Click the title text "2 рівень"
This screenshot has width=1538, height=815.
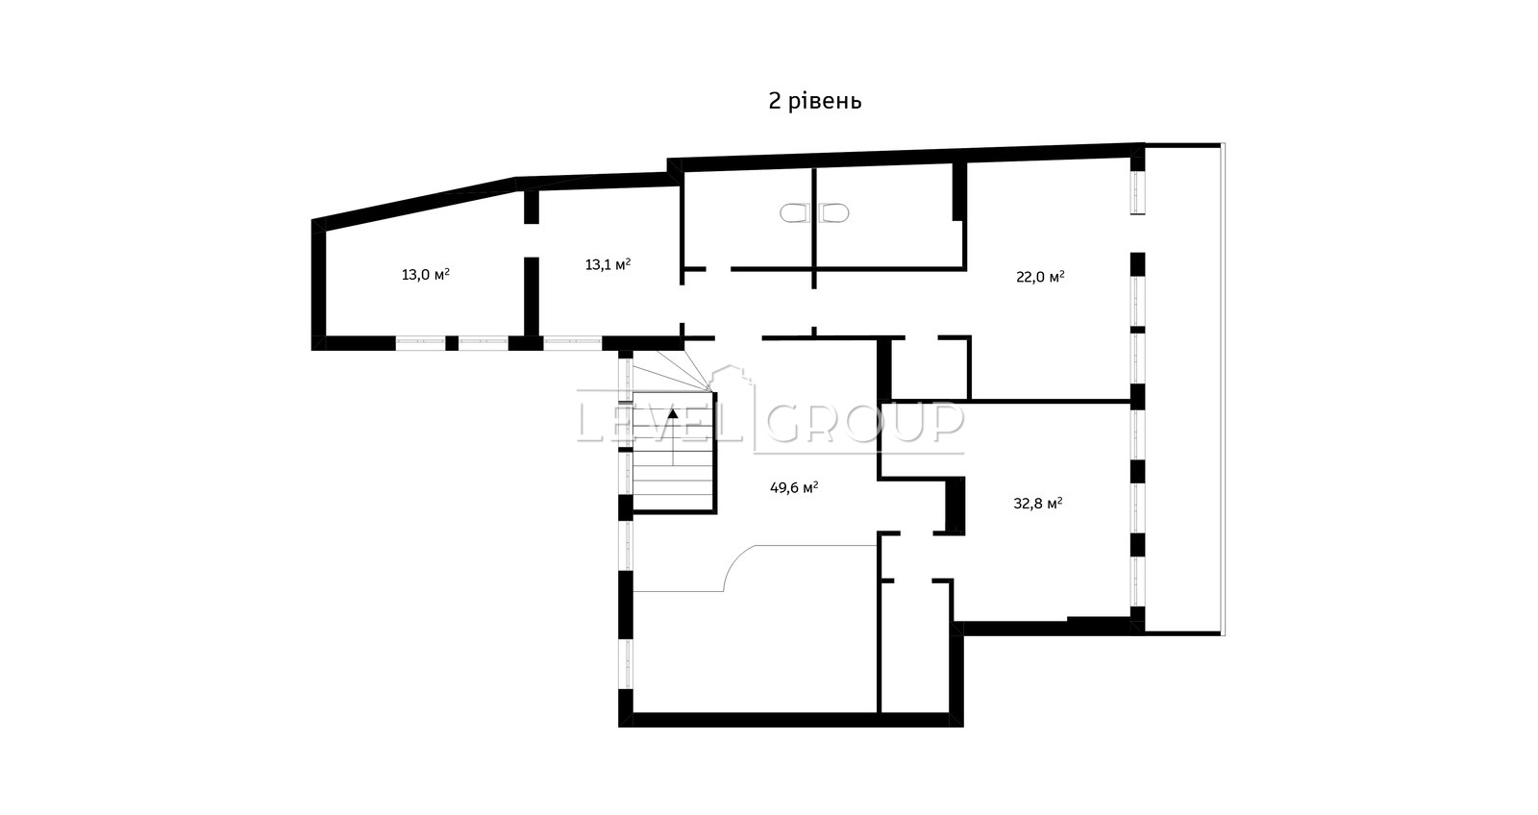pos(814,102)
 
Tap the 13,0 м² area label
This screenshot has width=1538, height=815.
pos(426,275)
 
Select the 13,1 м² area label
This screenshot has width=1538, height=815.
pos(608,264)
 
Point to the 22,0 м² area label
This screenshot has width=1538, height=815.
pos(1040,277)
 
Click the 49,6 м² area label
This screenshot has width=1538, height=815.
pos(794,487)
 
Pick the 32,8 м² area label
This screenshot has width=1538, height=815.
pos(1038,504)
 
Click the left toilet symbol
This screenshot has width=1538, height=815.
pos(794,212)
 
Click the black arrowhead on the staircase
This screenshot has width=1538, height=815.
pos(673,414)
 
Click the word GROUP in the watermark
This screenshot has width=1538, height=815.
pos(865,422)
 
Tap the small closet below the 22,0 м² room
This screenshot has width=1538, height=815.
pos(930,369)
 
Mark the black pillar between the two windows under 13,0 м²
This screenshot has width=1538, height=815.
pos(452,343)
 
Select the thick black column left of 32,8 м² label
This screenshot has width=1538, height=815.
pos(955,505)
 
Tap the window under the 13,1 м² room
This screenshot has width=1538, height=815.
pos(573,343)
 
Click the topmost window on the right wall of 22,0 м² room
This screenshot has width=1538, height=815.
pos(1138,192)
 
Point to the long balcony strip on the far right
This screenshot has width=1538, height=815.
pos(1184,388)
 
